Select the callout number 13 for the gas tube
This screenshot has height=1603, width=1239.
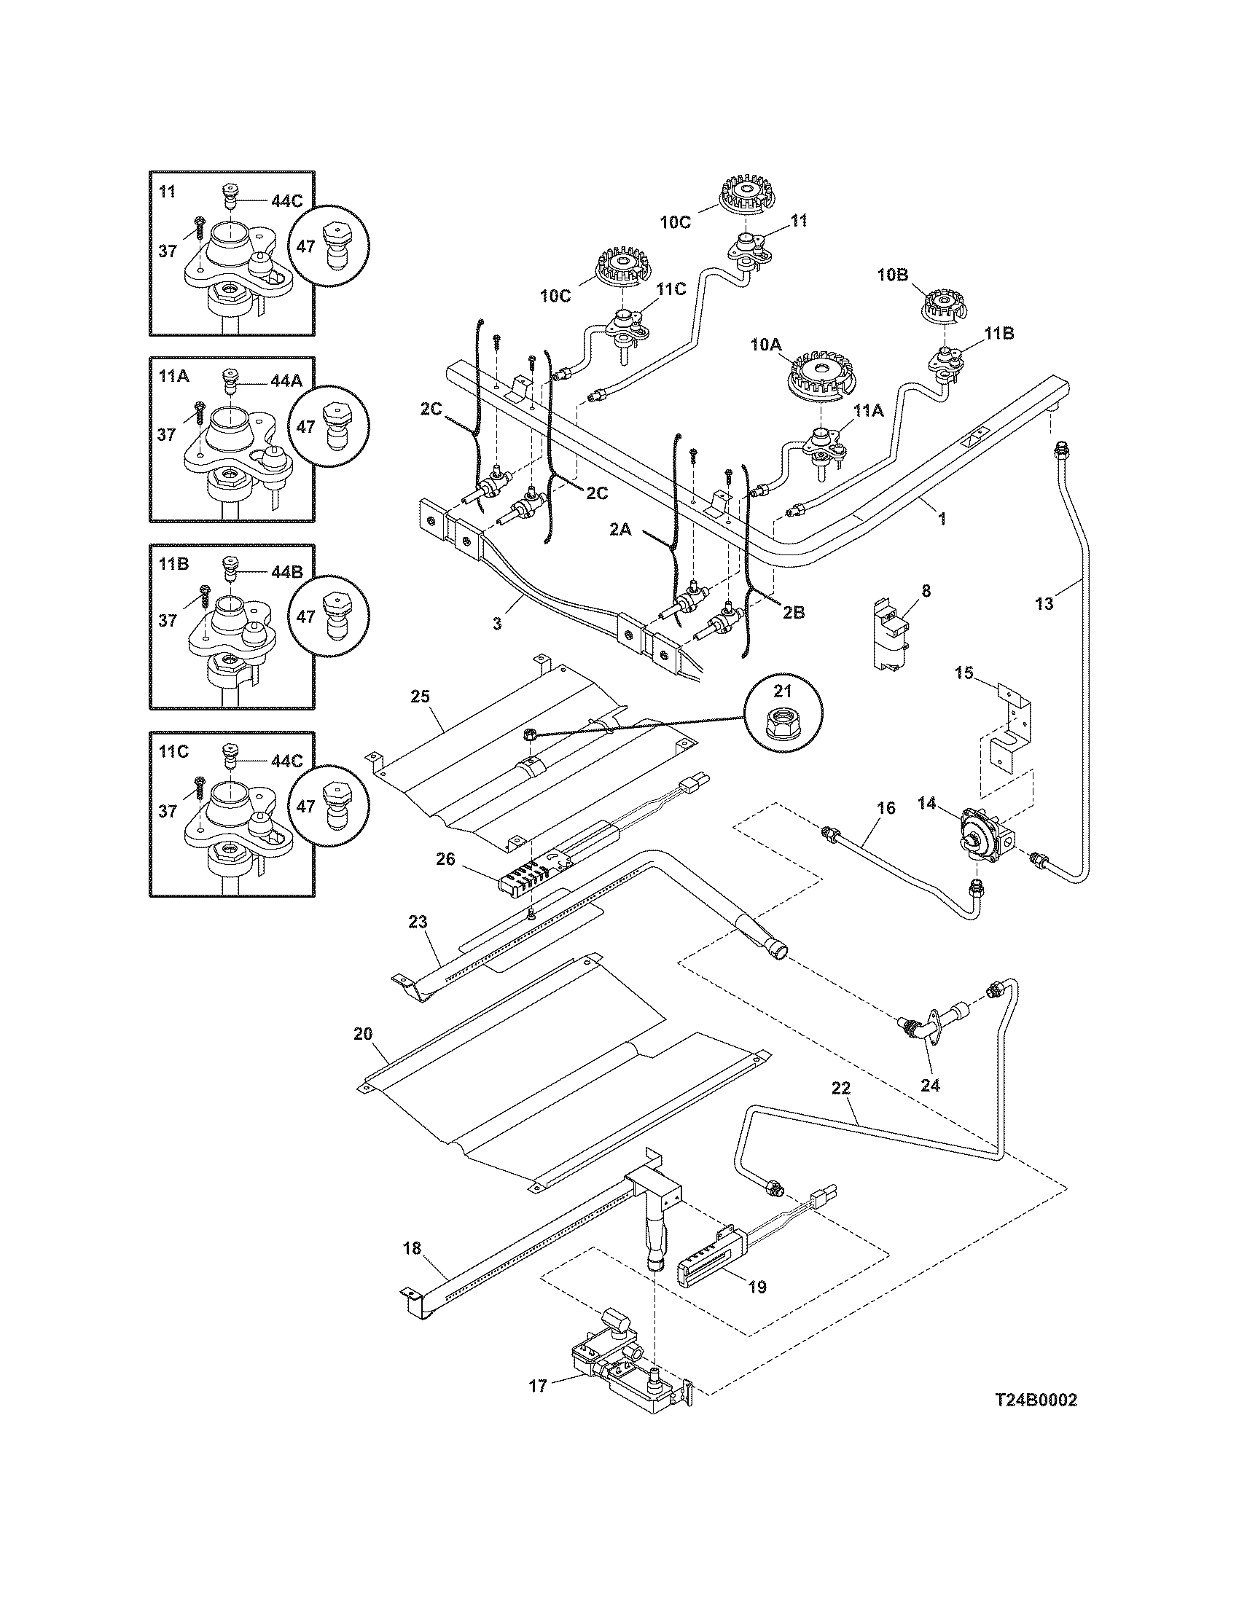[x=1044, y=603]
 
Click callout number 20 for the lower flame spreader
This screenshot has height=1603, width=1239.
[x=363, y=1035]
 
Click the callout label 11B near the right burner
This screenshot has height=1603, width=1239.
[x=998, y=332]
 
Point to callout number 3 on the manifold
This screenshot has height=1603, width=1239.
[x=497, y=624]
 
